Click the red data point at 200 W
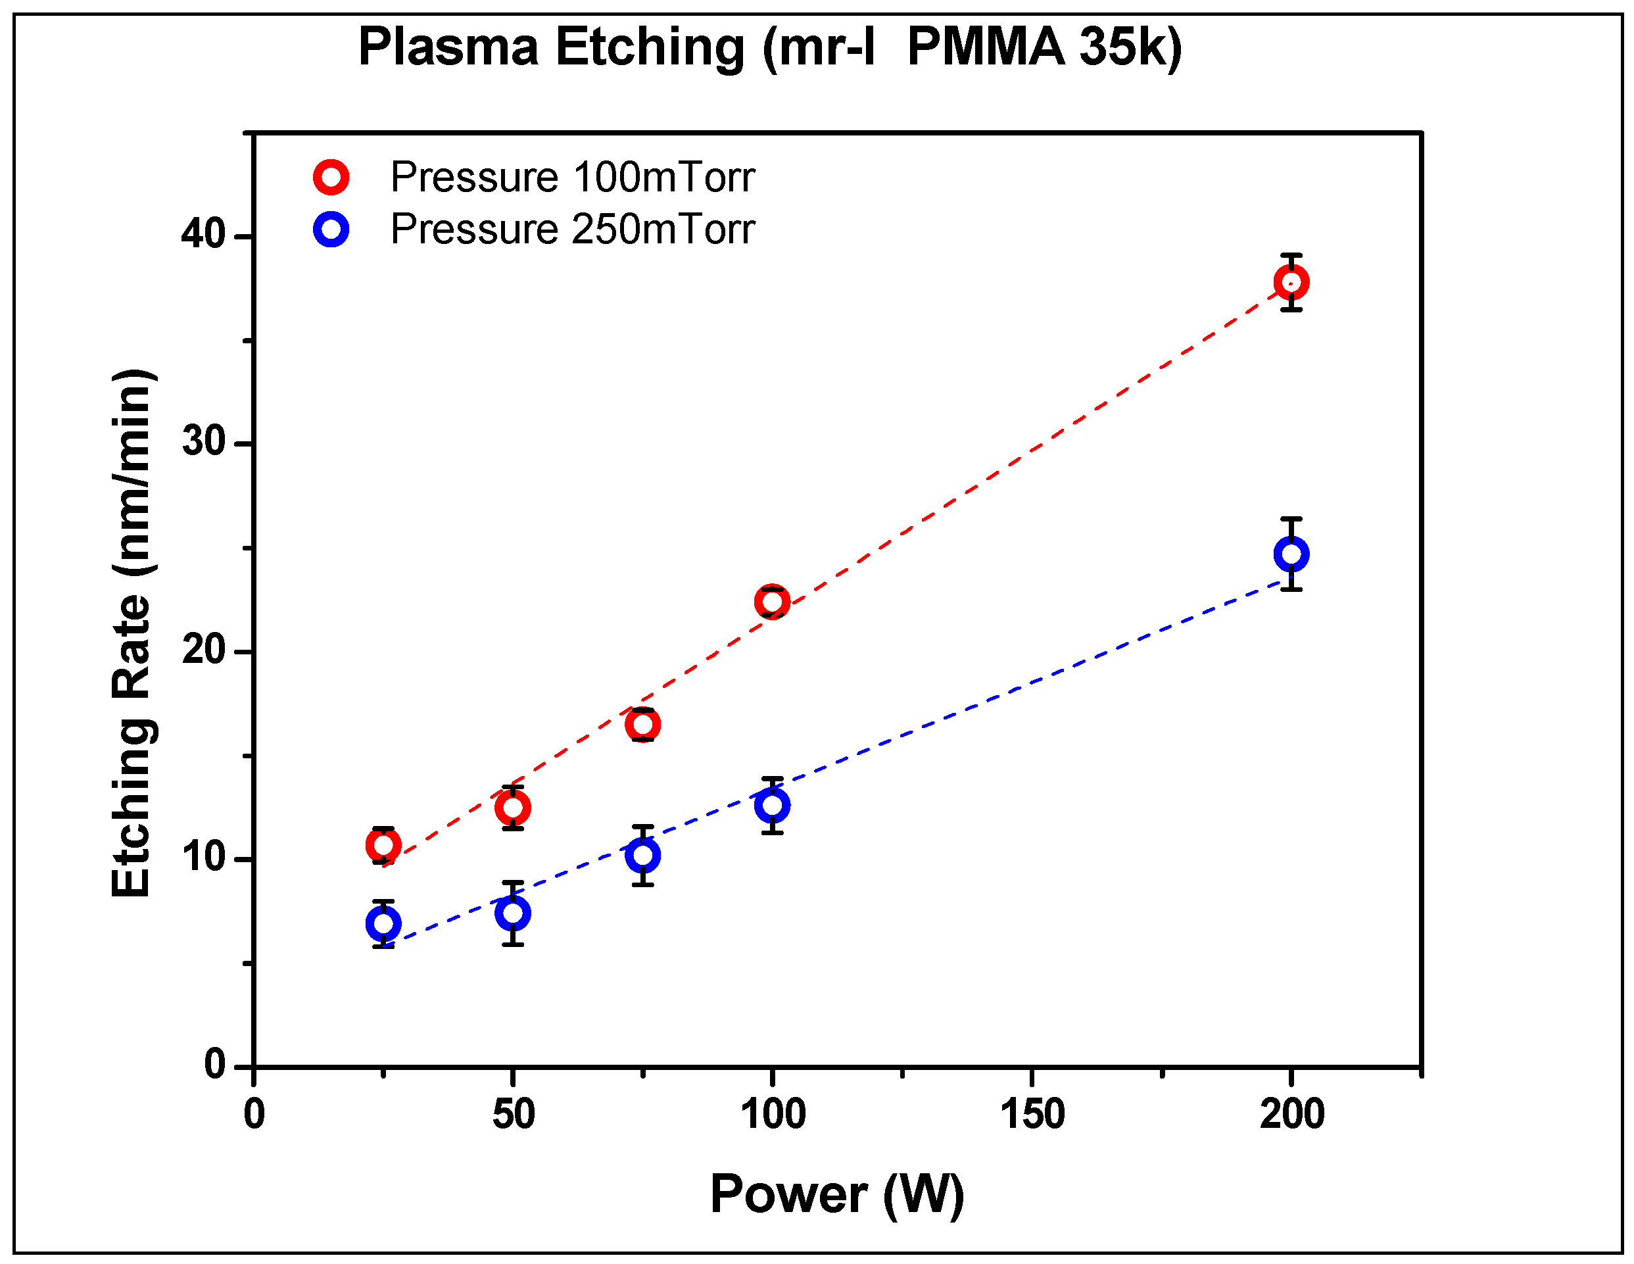[1291, 282]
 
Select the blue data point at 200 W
[1291, 554]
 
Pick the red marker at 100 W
[771, 602]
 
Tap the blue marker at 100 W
[771, 805]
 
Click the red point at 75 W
[642, 725]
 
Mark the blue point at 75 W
[642, 855]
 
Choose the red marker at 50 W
[512, 808]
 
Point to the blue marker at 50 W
[512, 913]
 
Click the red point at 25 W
[383, 846]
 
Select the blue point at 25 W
[383, 923]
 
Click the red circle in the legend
[331, 178]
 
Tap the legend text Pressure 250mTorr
[572, 229]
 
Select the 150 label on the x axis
[1032, 1113]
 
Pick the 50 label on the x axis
[514, 1113]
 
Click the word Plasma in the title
[448, 47]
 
